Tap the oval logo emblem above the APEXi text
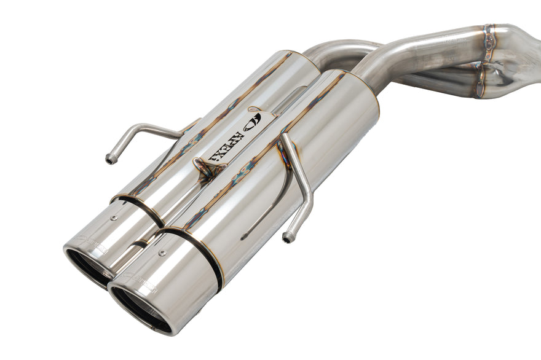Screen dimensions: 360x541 click(253, 121)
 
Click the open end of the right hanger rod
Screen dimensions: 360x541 click(286, 237)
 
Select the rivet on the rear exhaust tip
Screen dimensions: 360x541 click(115, 217)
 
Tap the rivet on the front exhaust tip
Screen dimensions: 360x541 click(162, 252)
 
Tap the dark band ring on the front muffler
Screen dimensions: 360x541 click(197, 252)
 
